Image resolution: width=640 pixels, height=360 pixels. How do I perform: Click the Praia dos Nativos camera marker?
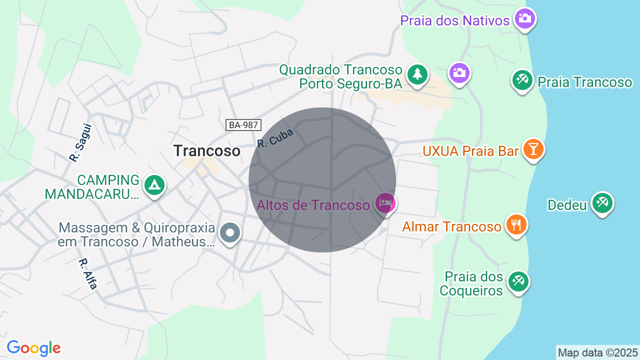524,19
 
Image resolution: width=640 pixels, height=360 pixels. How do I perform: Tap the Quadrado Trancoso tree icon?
417,74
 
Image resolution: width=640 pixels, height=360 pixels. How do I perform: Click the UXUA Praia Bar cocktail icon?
533,149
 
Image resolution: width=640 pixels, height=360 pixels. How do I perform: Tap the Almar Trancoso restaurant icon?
516,224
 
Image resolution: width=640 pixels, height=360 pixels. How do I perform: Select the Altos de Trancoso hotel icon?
385,203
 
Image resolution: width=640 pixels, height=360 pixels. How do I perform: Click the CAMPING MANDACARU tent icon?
154,185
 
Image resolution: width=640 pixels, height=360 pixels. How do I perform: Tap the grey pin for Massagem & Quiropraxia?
230,232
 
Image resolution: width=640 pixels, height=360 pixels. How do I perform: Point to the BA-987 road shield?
243,125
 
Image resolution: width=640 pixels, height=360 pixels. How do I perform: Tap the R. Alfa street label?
87,273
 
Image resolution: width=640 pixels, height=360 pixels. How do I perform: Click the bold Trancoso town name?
206,150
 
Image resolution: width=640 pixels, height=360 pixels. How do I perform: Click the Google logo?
33,348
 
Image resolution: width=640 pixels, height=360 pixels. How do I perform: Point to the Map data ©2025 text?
597,352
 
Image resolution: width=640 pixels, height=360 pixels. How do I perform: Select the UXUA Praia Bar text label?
470,150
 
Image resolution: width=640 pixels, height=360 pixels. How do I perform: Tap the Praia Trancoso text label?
585,82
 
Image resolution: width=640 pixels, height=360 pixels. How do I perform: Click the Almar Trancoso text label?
451,227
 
